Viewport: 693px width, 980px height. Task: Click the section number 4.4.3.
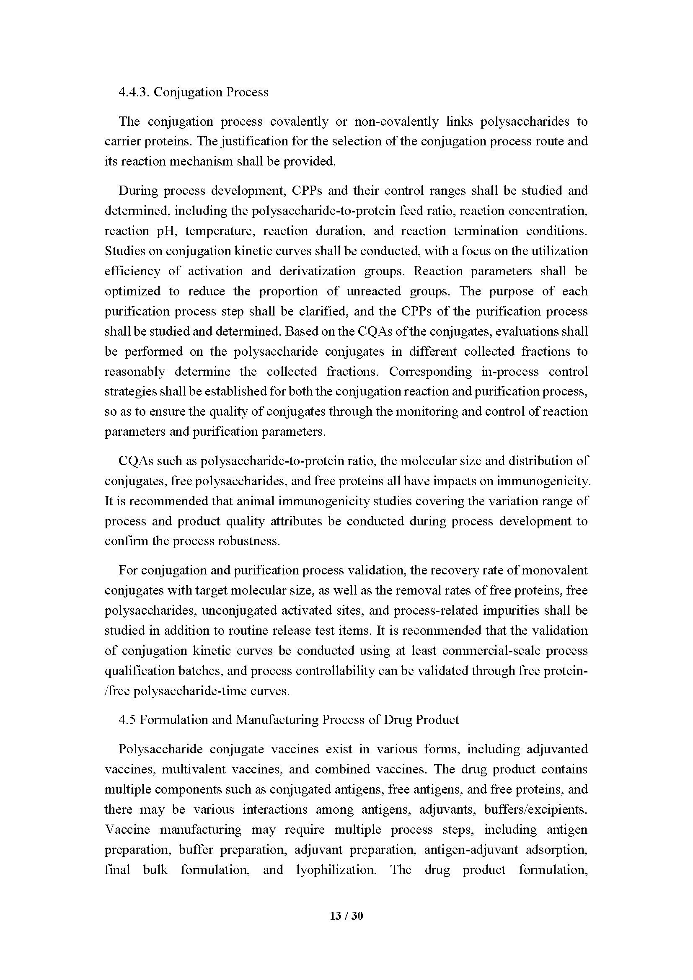[x=134, y=92]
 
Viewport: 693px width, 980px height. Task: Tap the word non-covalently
[x=396, y=122]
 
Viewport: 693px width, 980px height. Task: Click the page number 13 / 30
[x=346, y=915]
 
